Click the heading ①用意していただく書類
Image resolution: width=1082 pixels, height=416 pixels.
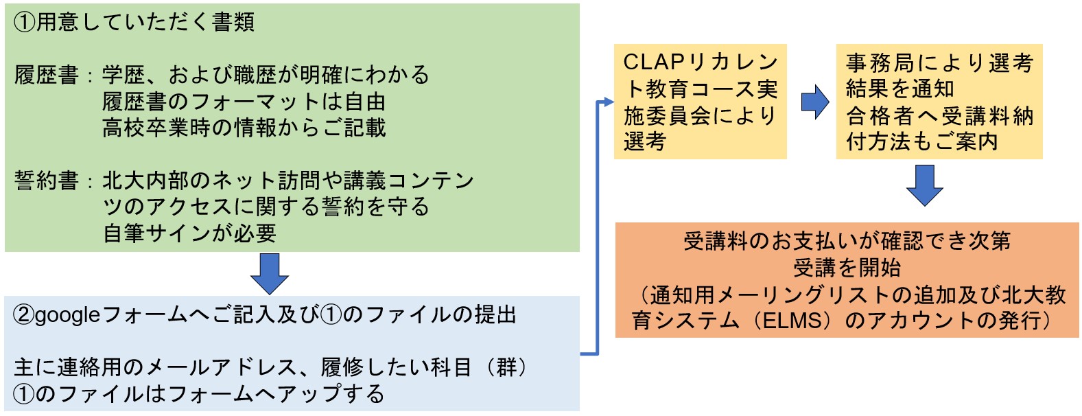click(x=134, y=22)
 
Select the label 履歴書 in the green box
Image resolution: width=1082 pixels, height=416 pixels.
click(x=46, y=76)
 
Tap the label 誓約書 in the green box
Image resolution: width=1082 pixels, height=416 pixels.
click(x=46, y=181)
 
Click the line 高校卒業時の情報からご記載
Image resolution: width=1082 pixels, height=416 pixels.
click(x=244, y=128)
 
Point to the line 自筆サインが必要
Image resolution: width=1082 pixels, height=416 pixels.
click(x=189, y=233)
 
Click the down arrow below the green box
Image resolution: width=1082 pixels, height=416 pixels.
click(x=270, y=273)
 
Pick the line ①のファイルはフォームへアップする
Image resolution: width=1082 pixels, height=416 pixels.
click(x=198, y=394)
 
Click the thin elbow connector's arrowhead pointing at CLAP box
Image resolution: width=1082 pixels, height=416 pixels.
click(x=608, y=102)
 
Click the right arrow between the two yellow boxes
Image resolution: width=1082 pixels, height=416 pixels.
click(x=815, y=102)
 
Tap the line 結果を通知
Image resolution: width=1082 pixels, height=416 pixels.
click(x=900, y=89)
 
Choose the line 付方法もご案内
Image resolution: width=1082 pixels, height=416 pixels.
click(x=922, y=141)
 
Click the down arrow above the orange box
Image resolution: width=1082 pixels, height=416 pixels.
click(x=924, y=185)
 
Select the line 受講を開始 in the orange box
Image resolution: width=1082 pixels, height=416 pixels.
click(x=847, y=268)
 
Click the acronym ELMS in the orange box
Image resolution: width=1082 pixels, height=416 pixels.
click(x=792, y=321)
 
